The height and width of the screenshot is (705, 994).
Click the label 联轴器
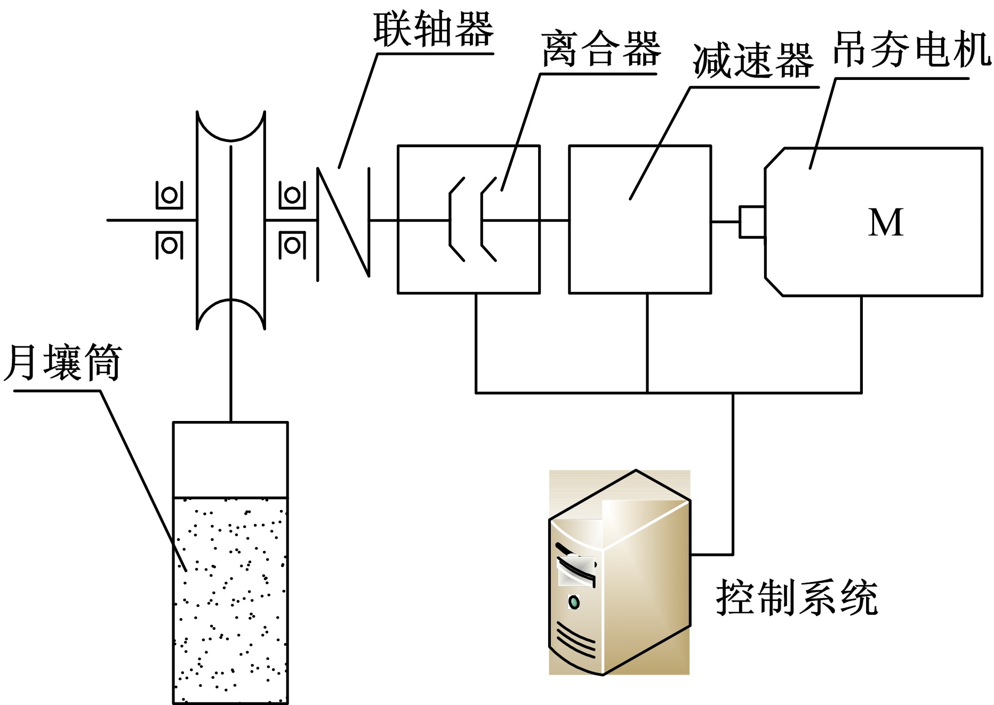point(433,30)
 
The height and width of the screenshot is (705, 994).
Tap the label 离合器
point(601,49)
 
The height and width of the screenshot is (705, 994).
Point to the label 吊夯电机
point(912,50)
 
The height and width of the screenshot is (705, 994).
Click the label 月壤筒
point(63,362)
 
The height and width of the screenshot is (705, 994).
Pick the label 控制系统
point(797,598)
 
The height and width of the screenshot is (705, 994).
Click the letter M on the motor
point(886,222)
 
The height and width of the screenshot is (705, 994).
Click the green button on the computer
point(574,602)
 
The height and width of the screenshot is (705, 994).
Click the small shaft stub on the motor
point(752,222)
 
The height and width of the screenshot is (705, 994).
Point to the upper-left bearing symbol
point(170,195)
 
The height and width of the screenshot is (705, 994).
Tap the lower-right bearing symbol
point(292,246)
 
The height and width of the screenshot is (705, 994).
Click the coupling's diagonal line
point(343,222)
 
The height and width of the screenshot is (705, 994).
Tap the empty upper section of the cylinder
point(230,459)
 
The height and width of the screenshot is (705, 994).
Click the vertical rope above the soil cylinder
point(231,373)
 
